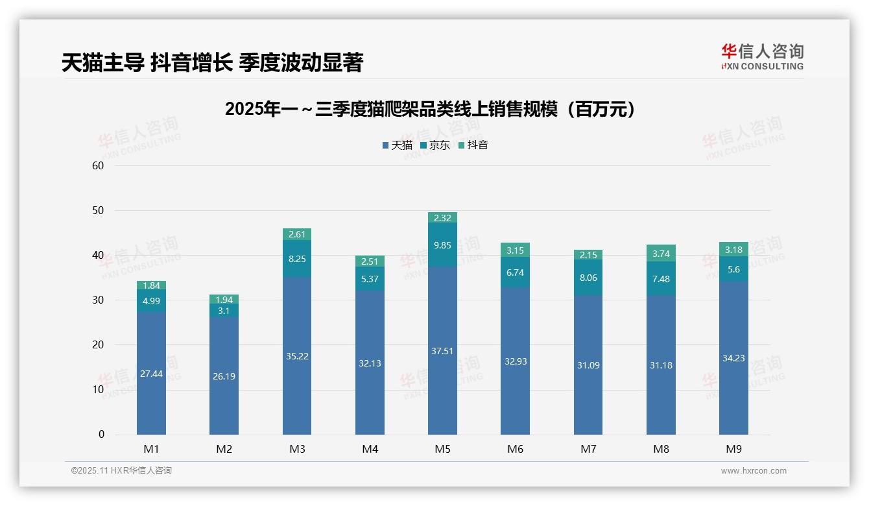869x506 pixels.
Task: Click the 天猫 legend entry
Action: click(397, 145)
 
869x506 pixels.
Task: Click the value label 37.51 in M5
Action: click(442, 351)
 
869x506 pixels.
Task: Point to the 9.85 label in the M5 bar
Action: click(442, 245)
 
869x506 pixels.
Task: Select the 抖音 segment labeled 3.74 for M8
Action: click(661, 254)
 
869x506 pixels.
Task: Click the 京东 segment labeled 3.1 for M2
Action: click(224, 311)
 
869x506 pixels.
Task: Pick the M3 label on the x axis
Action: click(297, 449)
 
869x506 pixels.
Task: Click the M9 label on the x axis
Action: click(733, 449)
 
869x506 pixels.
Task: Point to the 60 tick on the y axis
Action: click(99, 165)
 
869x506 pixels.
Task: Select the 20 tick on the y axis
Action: click(99, 344)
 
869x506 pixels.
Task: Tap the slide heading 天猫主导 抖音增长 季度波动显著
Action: click(212, 62)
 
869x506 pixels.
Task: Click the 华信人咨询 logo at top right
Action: click(762, 56)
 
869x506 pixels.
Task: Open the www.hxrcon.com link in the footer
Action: click(754, 471)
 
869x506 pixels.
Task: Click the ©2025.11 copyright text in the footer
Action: click(121, 471)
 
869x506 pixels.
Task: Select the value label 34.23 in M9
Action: click(733, 358)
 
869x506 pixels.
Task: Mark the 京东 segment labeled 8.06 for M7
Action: click(588, 278)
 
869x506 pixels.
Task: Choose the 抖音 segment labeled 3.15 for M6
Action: click(516, 250)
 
